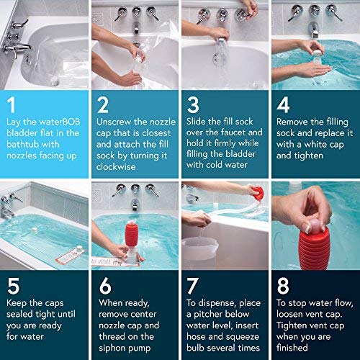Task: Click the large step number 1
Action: point(12,104)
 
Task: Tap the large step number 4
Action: point(283,104)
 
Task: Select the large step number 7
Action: point(193,286)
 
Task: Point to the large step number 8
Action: point(283,286)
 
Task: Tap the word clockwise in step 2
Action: point(116,166)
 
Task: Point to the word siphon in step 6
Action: point(112,348)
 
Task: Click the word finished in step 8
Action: point(292,348)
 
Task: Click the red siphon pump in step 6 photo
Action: point(132,235)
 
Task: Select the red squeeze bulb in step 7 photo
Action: point(257,193)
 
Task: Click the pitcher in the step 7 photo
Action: point(200,248)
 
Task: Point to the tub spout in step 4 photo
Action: point(314,30)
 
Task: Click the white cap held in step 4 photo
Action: point(318,55)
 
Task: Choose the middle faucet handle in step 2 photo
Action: point(136,13)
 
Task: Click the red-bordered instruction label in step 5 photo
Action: point(71,256)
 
